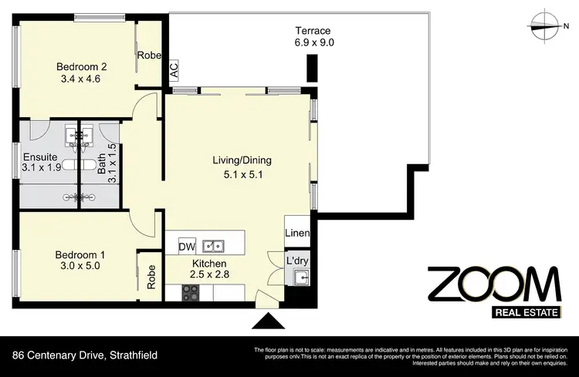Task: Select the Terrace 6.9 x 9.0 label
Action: tap(314, 37)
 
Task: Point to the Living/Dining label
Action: tap(242, 167)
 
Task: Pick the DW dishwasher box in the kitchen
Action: tap(186, 247)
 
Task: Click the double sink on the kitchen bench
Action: tap(213, 247)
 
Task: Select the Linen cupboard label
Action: tap(297, 234)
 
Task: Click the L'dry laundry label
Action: tap(297, 261)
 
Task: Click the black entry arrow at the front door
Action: tap(269, 321)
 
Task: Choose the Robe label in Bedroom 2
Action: tap(148, 55)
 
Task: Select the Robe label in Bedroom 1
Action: tap(151, 275)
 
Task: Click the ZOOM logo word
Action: tap(494, 286)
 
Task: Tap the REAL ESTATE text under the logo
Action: tap(527, 313)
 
